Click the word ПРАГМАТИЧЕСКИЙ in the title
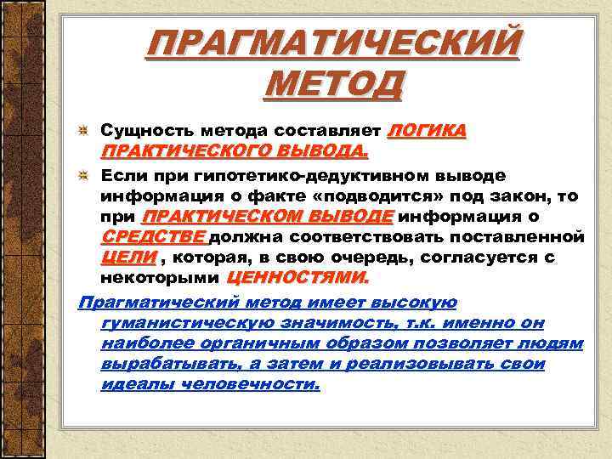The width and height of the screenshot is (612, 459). click(332, 43)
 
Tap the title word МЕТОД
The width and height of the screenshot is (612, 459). click(332, 85)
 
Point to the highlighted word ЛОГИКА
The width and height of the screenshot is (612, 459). click(427, 131)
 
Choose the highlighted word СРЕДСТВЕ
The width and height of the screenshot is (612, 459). click(153, 236)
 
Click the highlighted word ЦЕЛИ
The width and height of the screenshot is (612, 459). click(128, 257)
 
